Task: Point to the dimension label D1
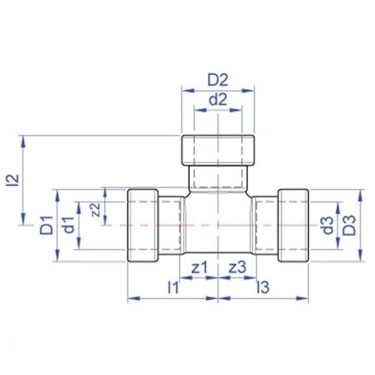[46, 224]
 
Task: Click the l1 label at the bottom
[172, 286]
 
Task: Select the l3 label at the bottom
[262, 286]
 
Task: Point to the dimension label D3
[349, 224]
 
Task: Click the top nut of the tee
[219, 150]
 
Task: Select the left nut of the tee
[142, 225]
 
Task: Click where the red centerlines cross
[218, 225]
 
